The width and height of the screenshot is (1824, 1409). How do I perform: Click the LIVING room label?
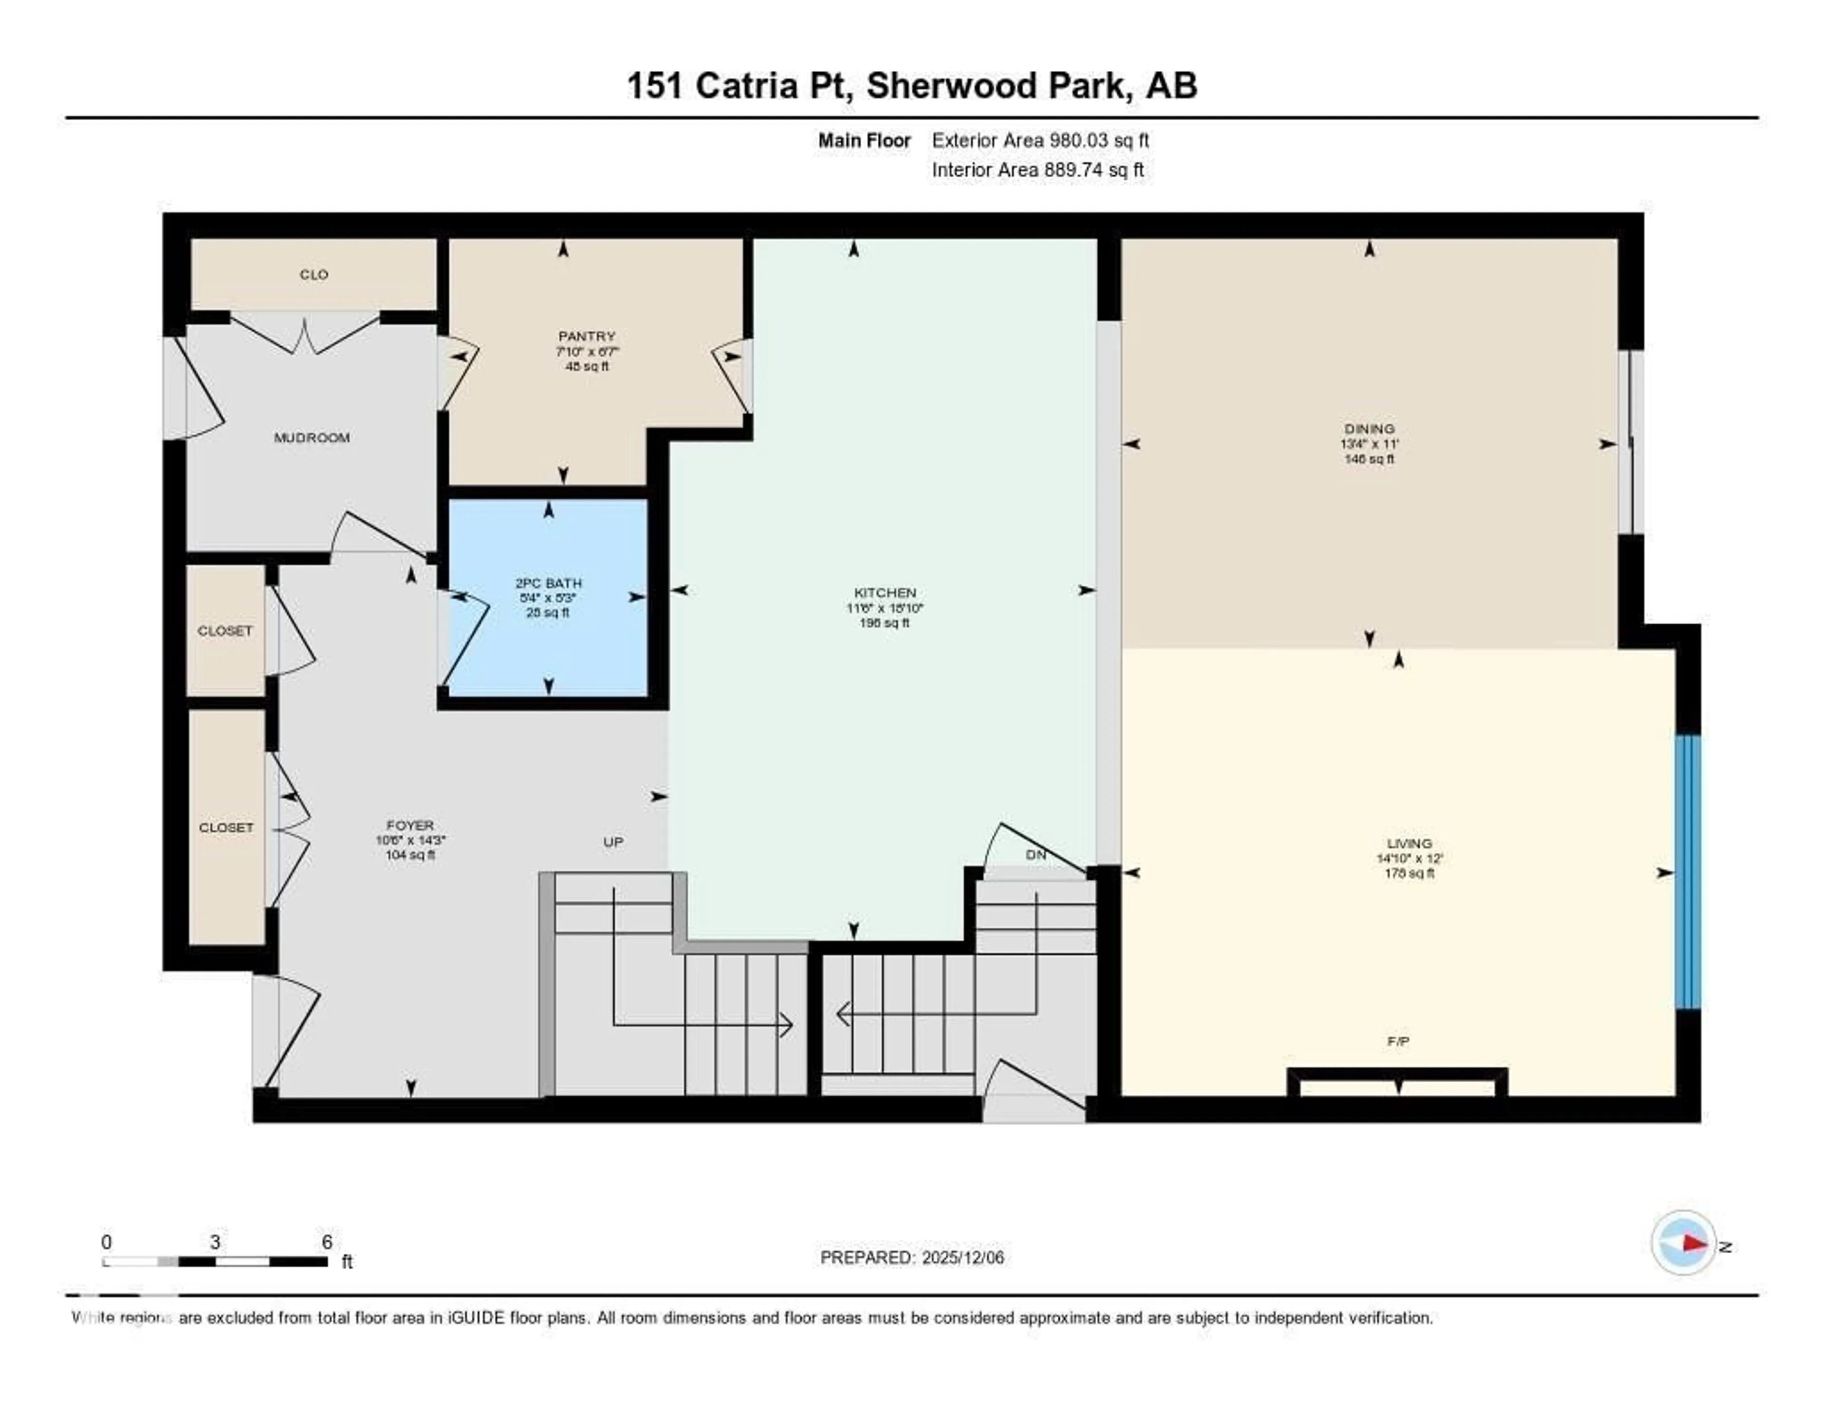[1409, 844]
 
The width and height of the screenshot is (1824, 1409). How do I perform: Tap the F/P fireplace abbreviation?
[1398, 1041]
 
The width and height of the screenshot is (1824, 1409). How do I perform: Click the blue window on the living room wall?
[1688, 872]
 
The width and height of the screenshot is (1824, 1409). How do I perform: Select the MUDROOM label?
[312, 438]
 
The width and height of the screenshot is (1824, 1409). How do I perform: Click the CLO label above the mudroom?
[314, 275]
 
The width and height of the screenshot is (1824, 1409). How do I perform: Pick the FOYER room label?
[410, 825]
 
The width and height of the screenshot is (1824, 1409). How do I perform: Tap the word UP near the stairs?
[613, 842]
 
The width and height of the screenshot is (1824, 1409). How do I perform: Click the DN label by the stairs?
[1035, 855]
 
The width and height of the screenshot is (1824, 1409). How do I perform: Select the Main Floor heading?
[864, 140]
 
